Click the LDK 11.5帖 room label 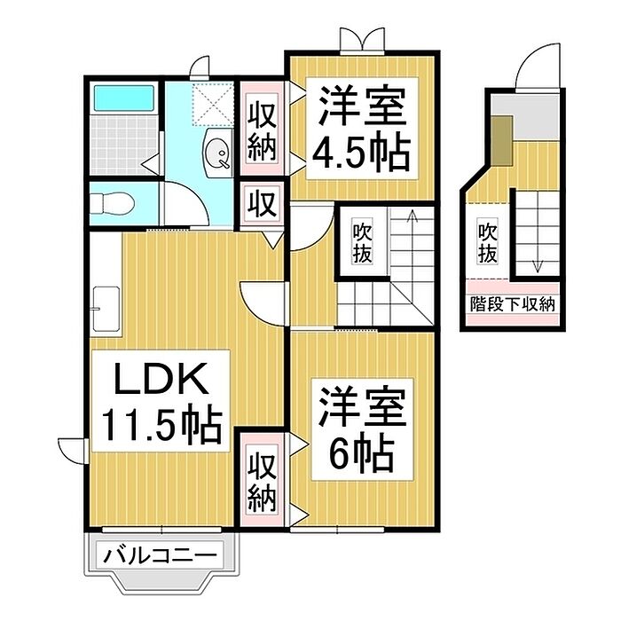[x=161, y=402]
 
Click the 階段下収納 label [x=512, y=303]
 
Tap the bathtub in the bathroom [x=124, y=97]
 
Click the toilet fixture [x=112, y=203]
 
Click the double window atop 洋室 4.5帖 [x=362, y=41]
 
